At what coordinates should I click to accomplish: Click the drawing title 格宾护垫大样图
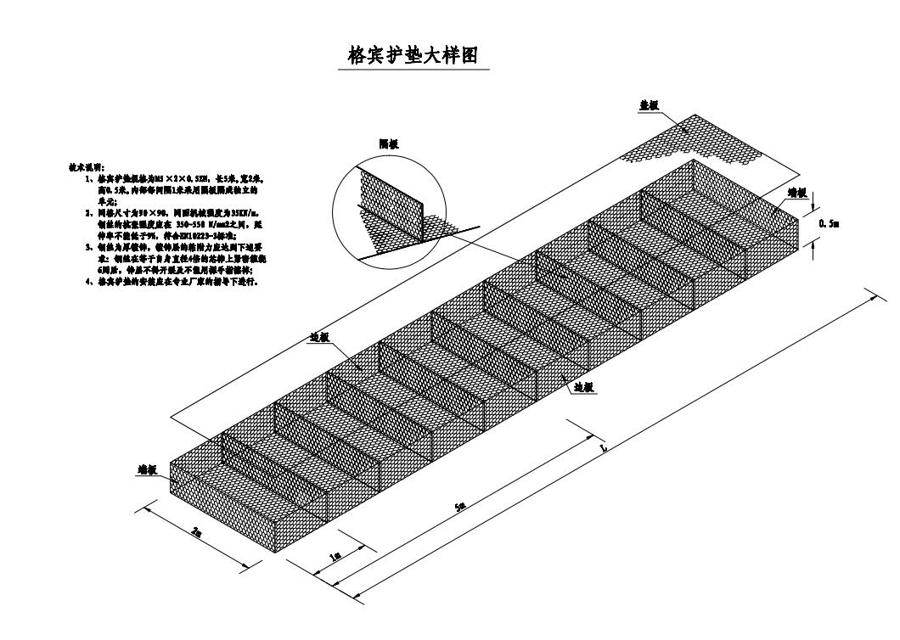point(413,56)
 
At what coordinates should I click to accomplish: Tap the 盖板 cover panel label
point(649,106)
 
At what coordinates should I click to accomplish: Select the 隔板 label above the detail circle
point(390,144)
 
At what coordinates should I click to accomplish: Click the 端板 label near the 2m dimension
point(149,468)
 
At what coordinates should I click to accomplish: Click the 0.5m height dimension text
point(829,222)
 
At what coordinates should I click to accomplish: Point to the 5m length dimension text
point(459,507)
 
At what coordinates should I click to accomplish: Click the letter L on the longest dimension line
point(602,446)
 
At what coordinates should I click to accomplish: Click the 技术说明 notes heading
point(87,167)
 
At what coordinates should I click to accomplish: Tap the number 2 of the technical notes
point(88,214)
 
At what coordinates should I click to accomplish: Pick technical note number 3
point(88,247)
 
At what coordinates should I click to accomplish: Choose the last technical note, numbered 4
point(88,281)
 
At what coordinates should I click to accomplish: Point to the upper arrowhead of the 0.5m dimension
point(813,208)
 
